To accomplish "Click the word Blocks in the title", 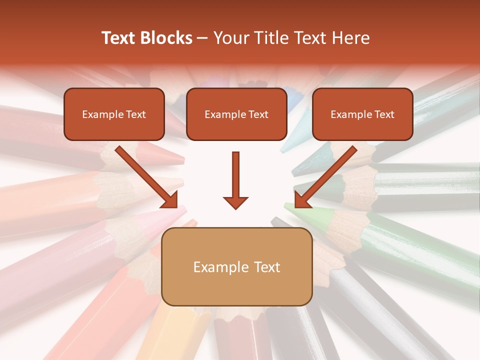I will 166,38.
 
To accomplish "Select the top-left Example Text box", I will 114,114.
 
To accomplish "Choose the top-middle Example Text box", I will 236,114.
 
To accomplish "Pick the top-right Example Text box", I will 362,114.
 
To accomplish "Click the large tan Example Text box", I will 237,266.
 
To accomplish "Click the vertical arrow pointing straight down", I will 236,177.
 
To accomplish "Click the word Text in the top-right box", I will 384,114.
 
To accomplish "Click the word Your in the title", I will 229,38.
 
